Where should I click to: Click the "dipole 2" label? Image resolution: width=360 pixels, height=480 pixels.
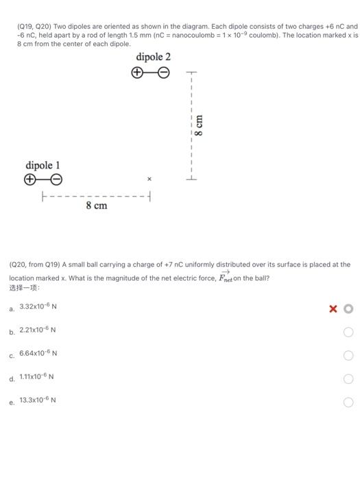(x=153, y=57)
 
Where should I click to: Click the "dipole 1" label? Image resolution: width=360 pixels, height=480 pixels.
(x=43, y=165)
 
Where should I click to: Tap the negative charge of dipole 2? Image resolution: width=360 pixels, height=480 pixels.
(x=165, y=73)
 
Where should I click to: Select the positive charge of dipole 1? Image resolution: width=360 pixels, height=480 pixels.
(x=29, y=180)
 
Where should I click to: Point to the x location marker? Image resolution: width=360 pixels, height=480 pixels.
(x=148, y=179)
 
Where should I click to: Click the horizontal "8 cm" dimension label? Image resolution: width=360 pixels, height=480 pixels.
(x=96, y=205)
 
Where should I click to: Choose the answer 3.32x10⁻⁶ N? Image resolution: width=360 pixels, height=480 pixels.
(x=38, y=307)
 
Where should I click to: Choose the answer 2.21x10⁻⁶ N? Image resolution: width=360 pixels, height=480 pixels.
(x=38, y=330)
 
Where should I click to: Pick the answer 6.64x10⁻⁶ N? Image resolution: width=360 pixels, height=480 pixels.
(x=38, y=353)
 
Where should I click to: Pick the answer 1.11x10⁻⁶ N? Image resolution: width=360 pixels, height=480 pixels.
(x=38, y=376)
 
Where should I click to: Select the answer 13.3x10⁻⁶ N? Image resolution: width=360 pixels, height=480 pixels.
(x=38, y=400)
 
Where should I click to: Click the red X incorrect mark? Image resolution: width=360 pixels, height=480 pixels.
(x=333, y=309)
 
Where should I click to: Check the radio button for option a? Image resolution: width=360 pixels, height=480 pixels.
(x=348, y=309)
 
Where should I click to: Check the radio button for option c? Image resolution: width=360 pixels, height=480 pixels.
(x=348, y=356)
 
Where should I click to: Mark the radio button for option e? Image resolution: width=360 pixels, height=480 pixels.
(x=348, y=403)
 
